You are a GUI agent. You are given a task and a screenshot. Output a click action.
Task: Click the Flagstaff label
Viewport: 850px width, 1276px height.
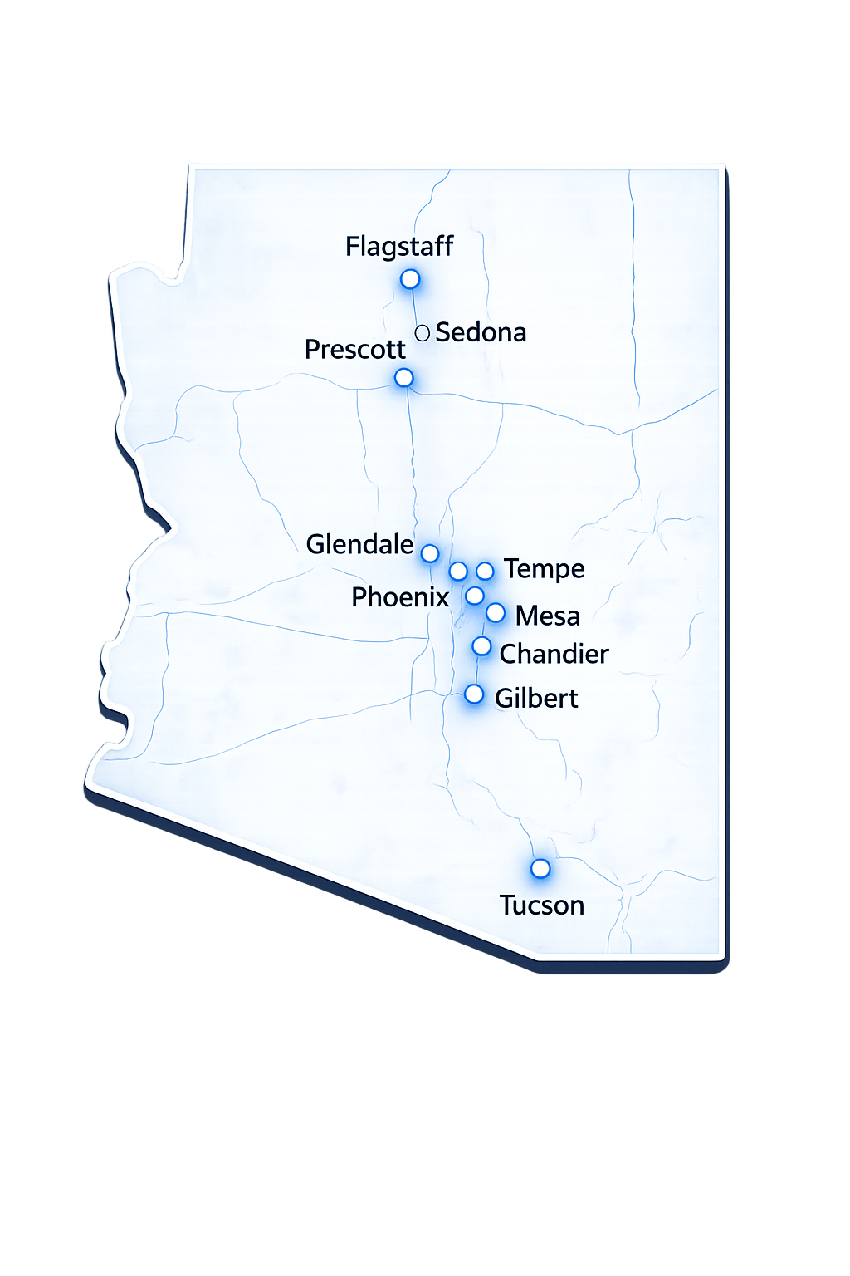pos(399,247)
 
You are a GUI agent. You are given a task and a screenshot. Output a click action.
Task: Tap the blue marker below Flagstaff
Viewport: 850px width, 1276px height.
pos(410,279)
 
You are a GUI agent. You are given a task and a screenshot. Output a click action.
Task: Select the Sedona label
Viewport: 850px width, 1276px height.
pos(481,332)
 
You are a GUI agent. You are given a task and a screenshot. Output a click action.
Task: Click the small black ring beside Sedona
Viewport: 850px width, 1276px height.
pos(422,333)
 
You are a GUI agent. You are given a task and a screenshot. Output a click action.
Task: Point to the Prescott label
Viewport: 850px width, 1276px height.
pos(354,350)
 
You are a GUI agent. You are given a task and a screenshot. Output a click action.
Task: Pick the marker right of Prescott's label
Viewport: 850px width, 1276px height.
pos(403,378)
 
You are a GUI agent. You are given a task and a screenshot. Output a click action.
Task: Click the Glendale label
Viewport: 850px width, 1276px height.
pos(359,545)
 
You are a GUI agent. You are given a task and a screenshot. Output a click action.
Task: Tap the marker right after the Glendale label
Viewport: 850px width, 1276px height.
pos(429,553)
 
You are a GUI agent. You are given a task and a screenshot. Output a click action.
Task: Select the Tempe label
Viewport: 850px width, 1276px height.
pos(544,569)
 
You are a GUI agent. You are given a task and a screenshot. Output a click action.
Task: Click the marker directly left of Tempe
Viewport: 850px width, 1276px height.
pos(485,572)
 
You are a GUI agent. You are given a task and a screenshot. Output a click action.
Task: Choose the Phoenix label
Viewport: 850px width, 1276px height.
pos(399,597)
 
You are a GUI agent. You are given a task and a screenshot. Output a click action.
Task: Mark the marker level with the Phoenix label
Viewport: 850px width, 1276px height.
pos(474,596)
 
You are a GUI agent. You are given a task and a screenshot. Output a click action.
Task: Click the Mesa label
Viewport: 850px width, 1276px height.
pos(547,616)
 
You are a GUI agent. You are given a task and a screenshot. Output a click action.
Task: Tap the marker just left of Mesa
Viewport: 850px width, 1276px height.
pos(496,613)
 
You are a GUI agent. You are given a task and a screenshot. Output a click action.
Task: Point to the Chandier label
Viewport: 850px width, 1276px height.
pos(554,655)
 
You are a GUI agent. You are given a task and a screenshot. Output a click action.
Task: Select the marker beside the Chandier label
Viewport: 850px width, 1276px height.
pos(481,646)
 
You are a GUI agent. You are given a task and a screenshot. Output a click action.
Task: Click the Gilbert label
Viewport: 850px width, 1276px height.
pos(536,699)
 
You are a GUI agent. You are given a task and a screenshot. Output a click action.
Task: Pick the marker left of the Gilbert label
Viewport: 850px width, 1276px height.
pos(474,694)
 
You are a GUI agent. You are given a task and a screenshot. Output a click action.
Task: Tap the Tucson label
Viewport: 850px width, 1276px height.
pos(542,905)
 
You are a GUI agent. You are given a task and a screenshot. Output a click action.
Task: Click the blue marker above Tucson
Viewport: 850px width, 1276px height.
pos(540,869)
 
